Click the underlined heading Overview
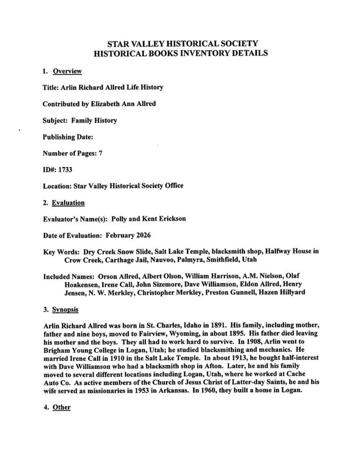pos(67,71)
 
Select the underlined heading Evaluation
pos(68,203)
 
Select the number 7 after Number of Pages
pos(100,153)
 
